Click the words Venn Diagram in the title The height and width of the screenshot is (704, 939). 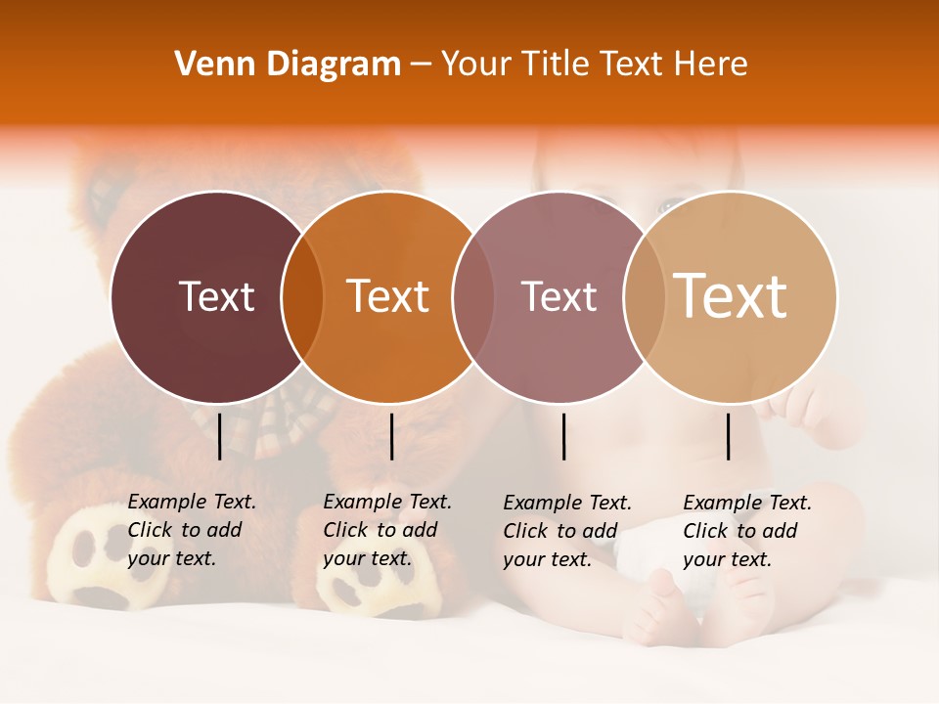pyautogui.click(x=288, y=65)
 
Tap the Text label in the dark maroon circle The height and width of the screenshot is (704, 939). pyautogui.click(x=216, y=296)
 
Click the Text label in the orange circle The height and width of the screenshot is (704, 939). pyautogui.click(x=388, y=296)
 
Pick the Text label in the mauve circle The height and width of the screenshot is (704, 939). pyautogui.click(x=559, y=296)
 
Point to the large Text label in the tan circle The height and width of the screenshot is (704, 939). pyautogui.click(x=731, y=296)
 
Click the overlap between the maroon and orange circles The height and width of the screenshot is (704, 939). pyautogui.click(x=302, y=296)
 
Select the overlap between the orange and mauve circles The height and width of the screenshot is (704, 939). pyautogui.click(x=473, y=296)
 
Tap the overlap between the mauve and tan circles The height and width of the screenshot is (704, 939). pyautogui.click(x=645, y=296)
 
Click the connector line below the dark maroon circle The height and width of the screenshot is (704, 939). pyautogui.click(x=219, y=436)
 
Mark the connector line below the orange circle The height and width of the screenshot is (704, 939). pyautogui.click(x=391, y=436)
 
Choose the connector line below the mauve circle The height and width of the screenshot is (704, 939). pyautogui.click(x=563, y=436)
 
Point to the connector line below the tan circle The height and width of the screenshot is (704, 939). pyautogui.click(x=728, y=436)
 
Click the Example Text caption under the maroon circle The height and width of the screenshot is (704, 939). pyautogui.click(x=191, y=530)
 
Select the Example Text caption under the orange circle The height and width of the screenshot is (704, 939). pyautogui.click(x=386, y=530)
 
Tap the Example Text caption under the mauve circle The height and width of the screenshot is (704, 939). pyautogui.click(x=566, y=531)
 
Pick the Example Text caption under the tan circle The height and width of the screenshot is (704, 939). pyautogui.click(x=746, y=531)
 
